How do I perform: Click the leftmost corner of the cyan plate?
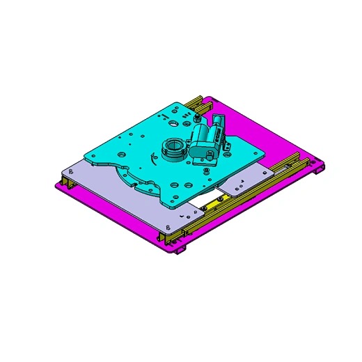click(x=84, y=155)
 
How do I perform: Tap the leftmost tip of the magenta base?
click(x=54, y=185)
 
